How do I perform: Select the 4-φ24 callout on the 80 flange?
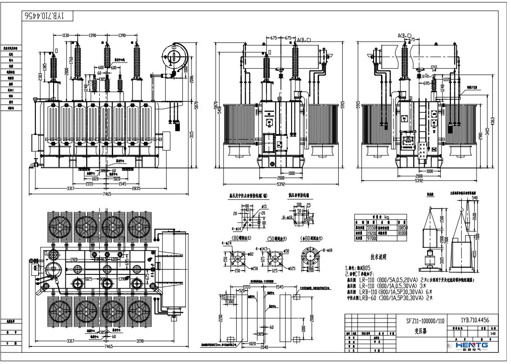click(x=226, y=243)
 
